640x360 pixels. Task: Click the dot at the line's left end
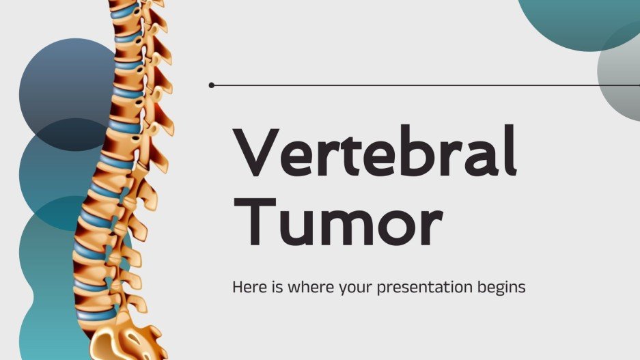[x=212, y=85]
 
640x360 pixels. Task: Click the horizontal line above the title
[x=423, y=85]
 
